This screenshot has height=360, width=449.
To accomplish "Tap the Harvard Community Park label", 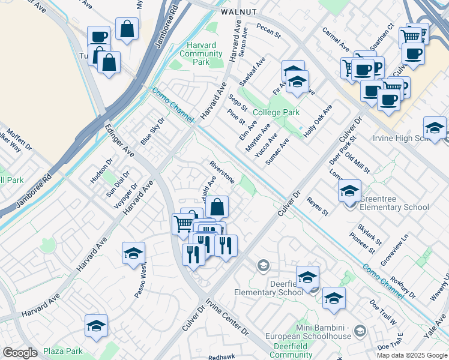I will (201, 53).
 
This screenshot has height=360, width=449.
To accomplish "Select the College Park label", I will (276, 112).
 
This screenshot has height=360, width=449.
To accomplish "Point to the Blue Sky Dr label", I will (152, 130).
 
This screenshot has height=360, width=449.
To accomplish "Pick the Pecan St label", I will (268, 31).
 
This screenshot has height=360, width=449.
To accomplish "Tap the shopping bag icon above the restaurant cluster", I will (217, 207).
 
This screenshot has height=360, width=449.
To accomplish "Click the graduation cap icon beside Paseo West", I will (133, 253).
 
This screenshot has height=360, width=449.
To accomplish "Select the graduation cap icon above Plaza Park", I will (96, 325).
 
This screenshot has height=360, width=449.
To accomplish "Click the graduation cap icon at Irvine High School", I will (435, 127).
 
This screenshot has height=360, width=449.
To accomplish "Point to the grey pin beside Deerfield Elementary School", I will (263, 265).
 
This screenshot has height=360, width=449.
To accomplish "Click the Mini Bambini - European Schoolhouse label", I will (331, 331).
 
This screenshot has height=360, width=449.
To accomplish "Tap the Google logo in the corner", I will (20, 353).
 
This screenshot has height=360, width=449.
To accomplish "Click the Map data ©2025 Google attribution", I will (412, 355).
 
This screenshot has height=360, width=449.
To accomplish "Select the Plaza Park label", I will (62, 351).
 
